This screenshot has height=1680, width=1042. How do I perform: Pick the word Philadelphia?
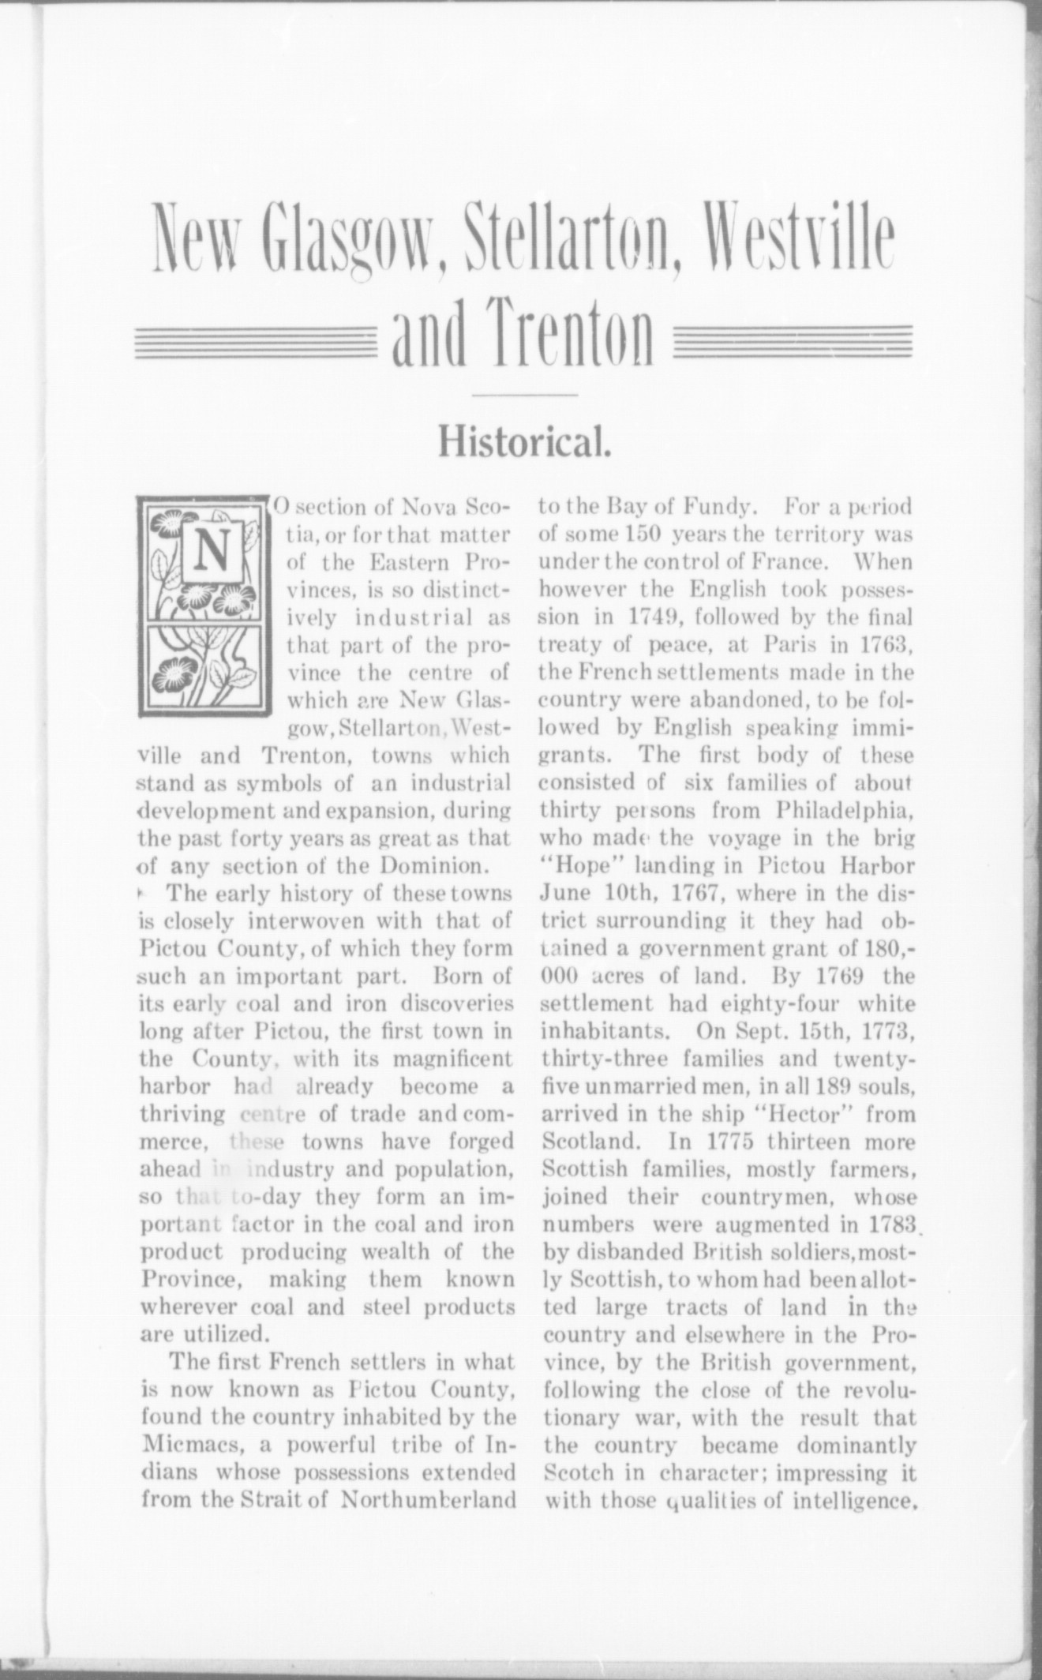(x=845, y=811)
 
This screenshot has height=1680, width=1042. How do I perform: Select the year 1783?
(x=888, y=1225)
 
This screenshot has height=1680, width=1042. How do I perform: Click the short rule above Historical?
(x=524, y=393)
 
